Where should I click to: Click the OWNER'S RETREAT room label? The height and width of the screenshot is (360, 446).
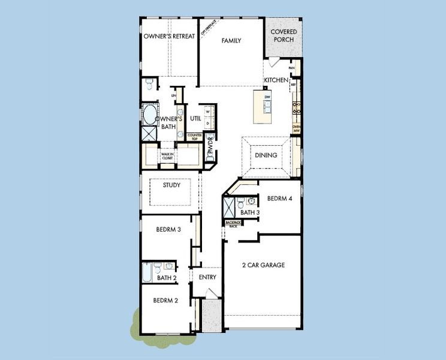tap(169, 37)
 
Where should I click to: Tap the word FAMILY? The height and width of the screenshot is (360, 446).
tap(231, 41)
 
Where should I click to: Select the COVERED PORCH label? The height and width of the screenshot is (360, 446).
tap(284, 35)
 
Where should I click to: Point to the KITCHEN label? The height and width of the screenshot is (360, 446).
tap(276, 80)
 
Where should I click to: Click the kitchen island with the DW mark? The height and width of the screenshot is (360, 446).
tap(264, 104)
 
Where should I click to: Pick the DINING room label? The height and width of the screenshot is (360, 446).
tap(266, 155)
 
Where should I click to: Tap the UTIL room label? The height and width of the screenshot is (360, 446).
tap(195, 119)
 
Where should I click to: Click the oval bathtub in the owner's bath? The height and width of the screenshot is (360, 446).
tap(149, 113)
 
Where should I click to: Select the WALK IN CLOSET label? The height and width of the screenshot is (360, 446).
tap(167, 156)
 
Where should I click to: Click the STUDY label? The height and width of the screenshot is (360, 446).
tap(171, 185)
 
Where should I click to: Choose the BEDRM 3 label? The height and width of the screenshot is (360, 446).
tap(168, 230)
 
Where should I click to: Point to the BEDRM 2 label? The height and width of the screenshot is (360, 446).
tap(165, 301)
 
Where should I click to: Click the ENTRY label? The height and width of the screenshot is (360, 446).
tap(207, 277)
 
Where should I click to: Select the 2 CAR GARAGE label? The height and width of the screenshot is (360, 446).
tap(263, 265)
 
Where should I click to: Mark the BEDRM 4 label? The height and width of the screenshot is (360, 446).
tap(279, 199)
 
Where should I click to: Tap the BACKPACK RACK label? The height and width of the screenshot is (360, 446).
tap(233, 224)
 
